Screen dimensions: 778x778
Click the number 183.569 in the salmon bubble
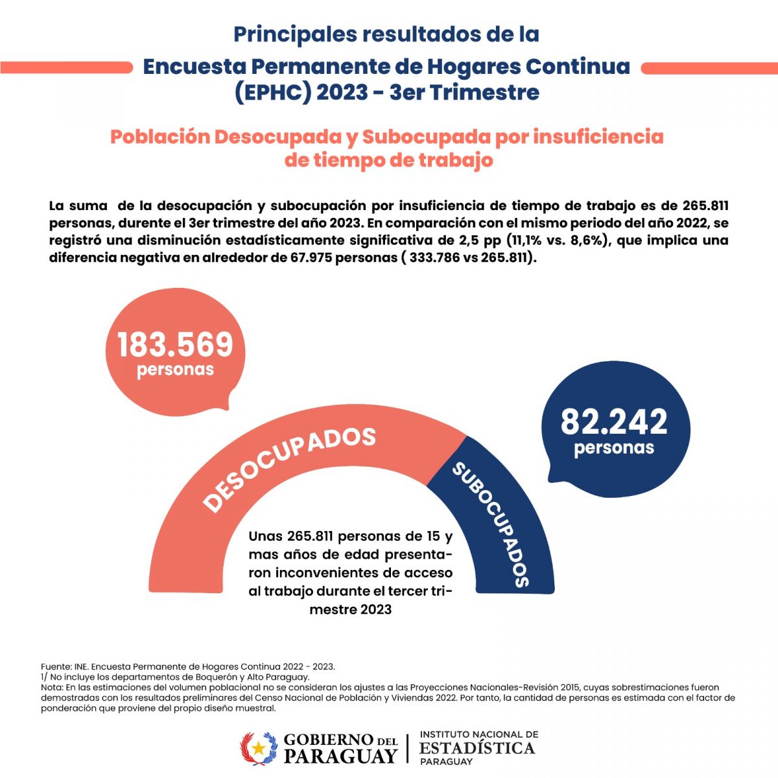175,344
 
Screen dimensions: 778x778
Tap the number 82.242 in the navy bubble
614,421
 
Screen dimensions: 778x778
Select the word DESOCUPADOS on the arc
289,467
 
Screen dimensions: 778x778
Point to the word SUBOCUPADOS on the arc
491,525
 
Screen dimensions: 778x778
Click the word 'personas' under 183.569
175,370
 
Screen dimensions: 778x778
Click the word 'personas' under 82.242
614,448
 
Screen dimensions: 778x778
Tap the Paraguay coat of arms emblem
259,748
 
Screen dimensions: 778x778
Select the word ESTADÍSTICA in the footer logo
477,748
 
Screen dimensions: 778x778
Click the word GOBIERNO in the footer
328,740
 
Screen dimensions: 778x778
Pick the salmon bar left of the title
66,68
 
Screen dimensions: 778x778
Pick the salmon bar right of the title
709,68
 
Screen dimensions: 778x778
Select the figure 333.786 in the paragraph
434,257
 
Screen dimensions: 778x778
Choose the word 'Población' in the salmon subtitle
160,137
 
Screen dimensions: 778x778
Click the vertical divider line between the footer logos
407,748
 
